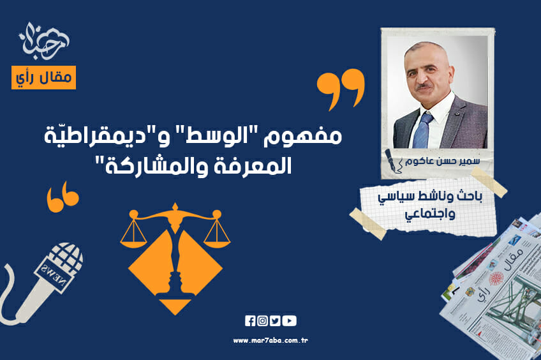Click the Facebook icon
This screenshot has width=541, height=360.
250,321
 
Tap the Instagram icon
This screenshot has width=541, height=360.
262,321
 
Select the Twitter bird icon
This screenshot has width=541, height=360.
275,321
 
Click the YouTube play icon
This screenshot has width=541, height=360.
289,321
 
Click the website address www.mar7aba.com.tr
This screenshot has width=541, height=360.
270,340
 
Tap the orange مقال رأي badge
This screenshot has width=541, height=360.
43,77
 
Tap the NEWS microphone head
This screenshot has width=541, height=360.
59,266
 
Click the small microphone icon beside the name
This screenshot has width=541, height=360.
390,161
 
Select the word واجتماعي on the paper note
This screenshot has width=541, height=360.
427,215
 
